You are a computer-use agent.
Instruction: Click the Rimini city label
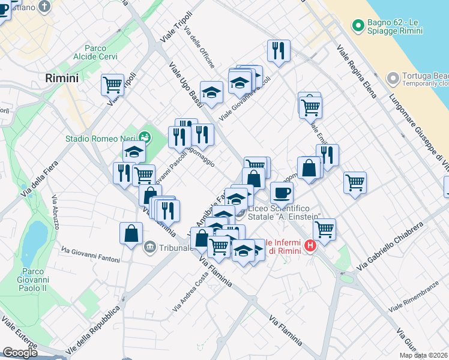62,78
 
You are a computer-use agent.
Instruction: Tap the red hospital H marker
310,245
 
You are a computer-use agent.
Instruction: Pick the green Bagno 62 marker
358,25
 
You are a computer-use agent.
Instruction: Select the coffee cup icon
282,193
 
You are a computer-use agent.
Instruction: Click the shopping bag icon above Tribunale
131,233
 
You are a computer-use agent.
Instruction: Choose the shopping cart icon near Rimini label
112,85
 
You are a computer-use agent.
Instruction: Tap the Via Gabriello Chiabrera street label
390,245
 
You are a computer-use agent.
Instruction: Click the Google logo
20,353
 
